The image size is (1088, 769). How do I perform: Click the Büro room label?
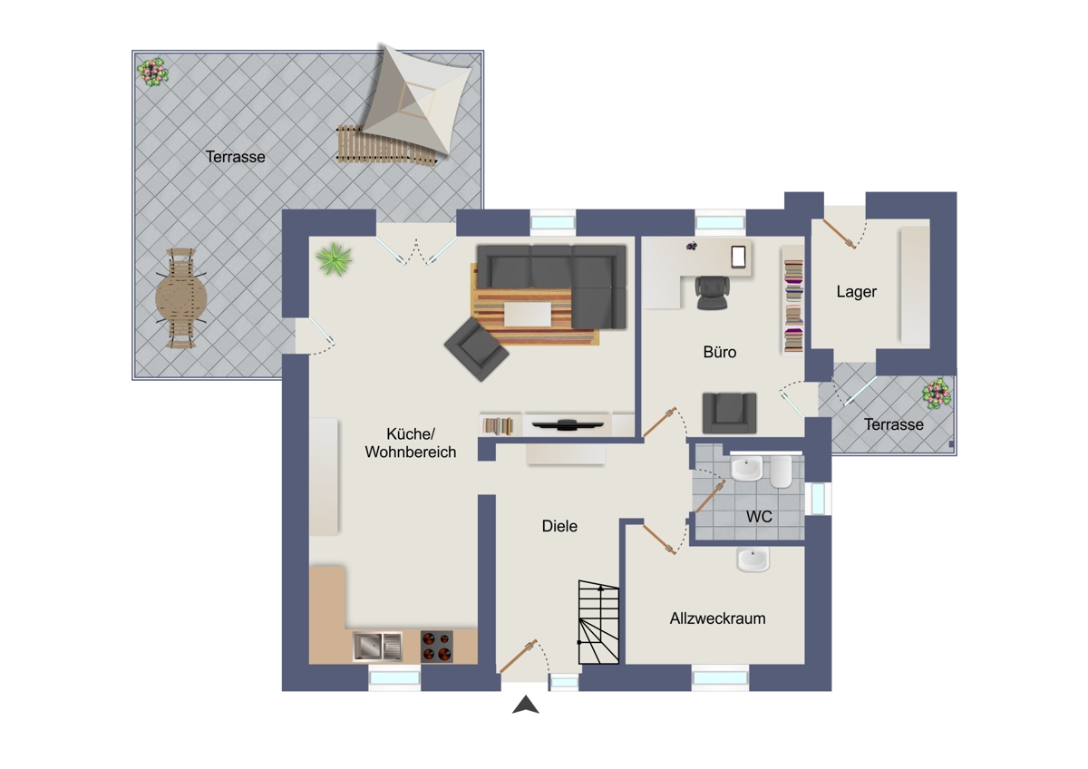click(x=719, y=352)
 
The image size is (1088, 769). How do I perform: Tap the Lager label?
click(x=856, y=291)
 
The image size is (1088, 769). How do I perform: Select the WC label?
click(x=759, y=516)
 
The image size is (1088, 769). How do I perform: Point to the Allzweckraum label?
click(x=717, y=618)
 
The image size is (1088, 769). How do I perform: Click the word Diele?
click(x=559, y=526)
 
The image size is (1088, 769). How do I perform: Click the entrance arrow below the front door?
click(x=526, y=705)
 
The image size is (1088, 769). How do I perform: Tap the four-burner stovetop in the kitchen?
click(x=437, y=646)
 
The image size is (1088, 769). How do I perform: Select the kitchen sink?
click(x=377, y=647)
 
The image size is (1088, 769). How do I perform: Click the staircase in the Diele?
click(x=598, y=622)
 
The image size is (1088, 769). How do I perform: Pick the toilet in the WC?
click(x=781, y=472)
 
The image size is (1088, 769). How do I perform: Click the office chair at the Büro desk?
click(x=712, y=292)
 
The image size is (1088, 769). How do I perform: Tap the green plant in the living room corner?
click(x=335, y=259)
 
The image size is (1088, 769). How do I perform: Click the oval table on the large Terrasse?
click(x=180, y=297)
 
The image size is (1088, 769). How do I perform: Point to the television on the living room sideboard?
click(x=568, y=425)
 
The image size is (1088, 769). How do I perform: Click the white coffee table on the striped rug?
click(x=528, y=314)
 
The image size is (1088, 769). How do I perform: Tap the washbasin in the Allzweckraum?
click(x=753, y=560)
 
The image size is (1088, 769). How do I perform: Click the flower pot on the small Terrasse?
click(x=937, y=393)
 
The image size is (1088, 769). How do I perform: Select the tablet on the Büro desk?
click(x=738, y=257)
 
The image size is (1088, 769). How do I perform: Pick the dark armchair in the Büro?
click(x=729, y=413)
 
